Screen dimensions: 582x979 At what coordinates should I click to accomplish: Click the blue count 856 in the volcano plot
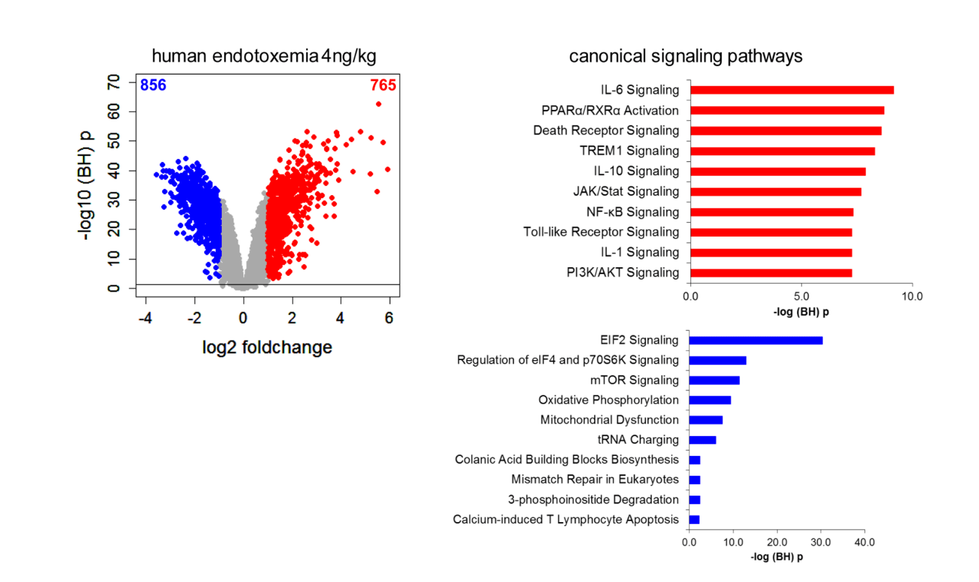coord(153,85)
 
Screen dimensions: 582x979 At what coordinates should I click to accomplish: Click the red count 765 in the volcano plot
coord(383,85)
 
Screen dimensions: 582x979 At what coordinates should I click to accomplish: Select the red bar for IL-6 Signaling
coord(792,90)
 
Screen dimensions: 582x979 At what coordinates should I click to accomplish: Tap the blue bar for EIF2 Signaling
coord(755,341)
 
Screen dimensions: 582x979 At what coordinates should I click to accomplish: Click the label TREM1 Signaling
coord(629,150)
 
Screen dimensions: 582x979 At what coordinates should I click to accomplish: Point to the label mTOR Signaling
coord(634,380)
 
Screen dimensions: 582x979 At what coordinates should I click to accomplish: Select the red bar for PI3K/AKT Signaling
coord(771,273)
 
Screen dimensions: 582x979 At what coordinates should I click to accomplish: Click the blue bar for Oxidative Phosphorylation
coord(710,400)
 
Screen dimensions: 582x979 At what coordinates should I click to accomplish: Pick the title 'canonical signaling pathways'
coord(685,56)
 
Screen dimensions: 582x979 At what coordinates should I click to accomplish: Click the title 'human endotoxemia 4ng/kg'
coord(263,56)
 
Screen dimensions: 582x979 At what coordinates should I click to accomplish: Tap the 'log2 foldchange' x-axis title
coord(267,347)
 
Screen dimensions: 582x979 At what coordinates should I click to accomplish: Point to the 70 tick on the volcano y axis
coord(114,82)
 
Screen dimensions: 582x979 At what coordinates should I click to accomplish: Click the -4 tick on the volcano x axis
coord(145,318)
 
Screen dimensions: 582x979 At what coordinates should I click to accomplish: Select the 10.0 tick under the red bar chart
coord(912,297)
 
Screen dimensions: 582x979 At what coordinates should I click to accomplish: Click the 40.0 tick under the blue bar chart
coord(864,542)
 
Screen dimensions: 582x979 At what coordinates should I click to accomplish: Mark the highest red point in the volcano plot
coord(379,104)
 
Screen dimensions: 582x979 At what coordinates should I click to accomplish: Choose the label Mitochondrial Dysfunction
coord(609,420)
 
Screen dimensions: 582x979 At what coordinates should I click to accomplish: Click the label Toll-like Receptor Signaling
coord(601,232)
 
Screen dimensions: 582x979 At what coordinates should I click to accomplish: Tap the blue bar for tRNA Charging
coord(702,440)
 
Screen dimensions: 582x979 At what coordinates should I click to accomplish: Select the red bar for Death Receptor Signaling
coord(786,131)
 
